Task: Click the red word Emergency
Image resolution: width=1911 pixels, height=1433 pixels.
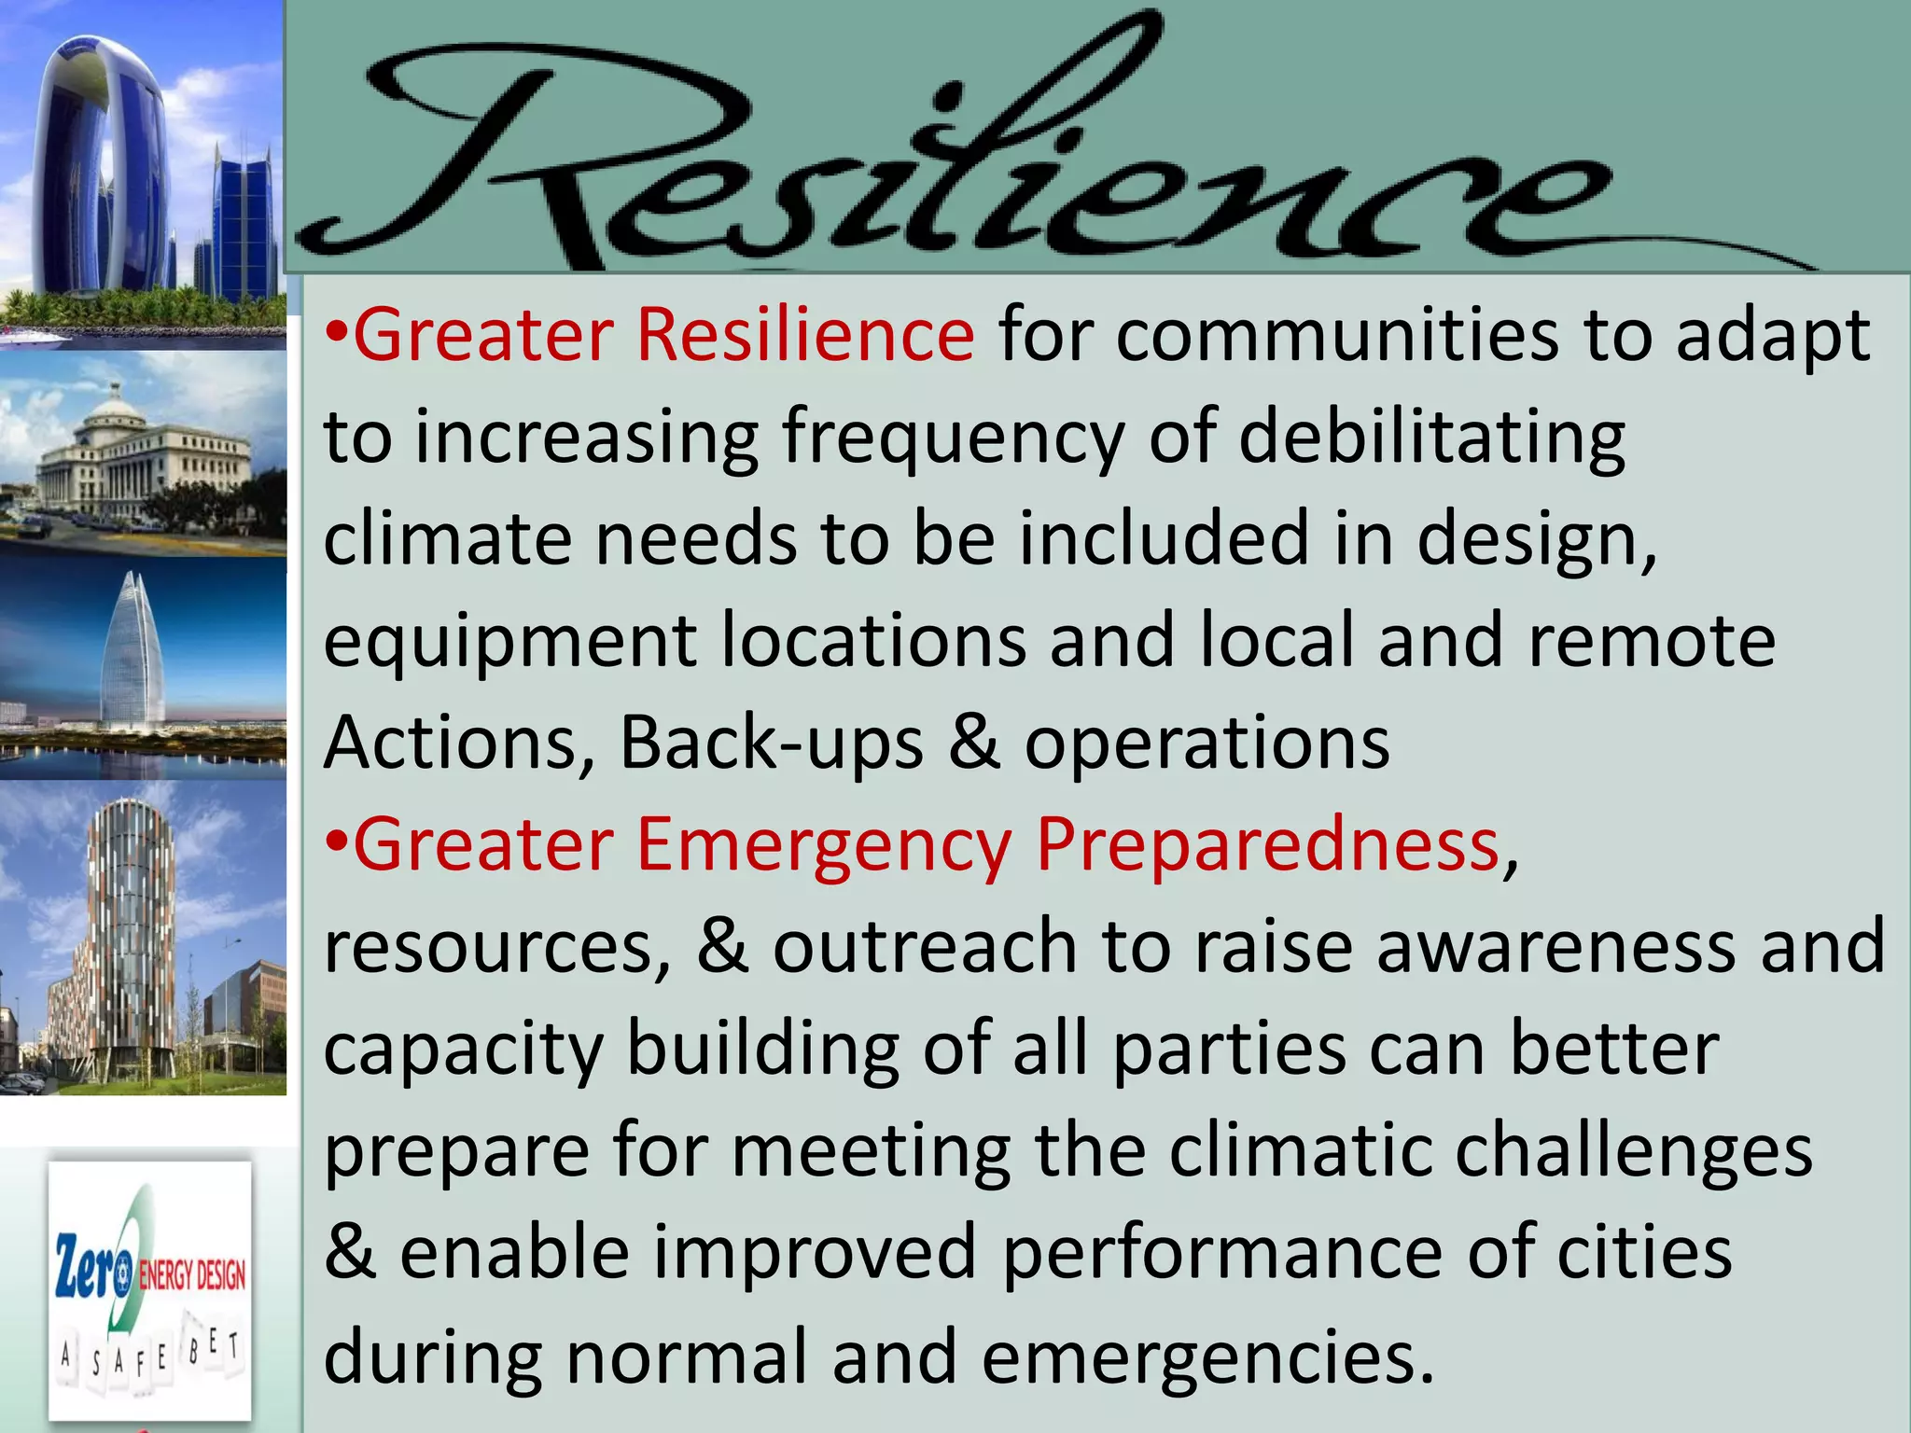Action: click(824, 845)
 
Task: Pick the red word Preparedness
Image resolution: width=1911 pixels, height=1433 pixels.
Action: click(1267, 845)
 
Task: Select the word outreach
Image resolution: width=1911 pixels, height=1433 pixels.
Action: click(924, 947)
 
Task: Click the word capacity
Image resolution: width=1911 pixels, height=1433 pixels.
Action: click(464, 1050)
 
